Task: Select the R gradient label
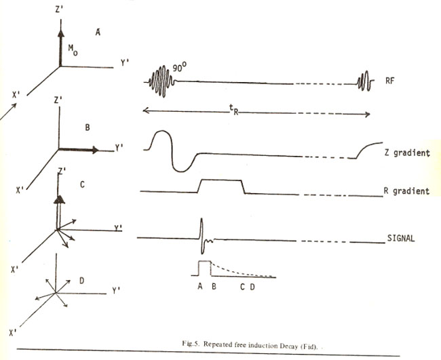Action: [x=407, y=191]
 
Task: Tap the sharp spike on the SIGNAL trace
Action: [x=202, y=234]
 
